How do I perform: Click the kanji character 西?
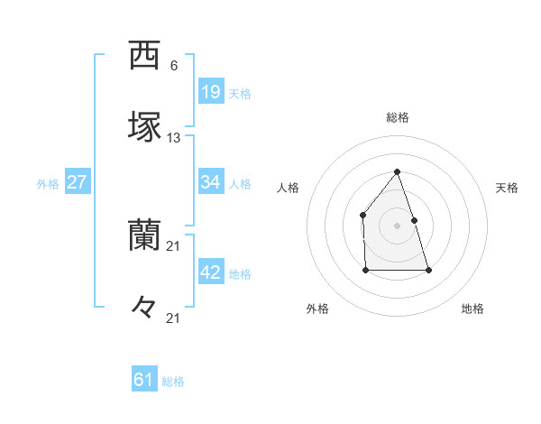(x=144, y=56)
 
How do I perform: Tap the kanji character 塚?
(x=144, y=127)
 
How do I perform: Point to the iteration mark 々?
(x=144, y=308)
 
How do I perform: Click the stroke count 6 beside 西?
(x=173, y=66)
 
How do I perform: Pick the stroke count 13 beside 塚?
(x=174, y=138)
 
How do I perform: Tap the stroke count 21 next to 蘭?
(x=174, y=246)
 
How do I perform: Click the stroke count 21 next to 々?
(x=174, y=318)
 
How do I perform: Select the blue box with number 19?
(x=211, y=91)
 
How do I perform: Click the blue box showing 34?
(x=211, y=182)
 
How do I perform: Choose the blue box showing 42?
(x=211, y=272)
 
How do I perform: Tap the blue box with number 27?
(x=77, y=182)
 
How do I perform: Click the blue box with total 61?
(x=144, y=380)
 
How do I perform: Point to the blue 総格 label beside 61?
(x=173, y=382)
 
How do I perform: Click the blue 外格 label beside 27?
(x=48, y=184)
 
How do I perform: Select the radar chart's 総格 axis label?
(x=397, y=117)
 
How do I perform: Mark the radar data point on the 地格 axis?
(x=428, y=270)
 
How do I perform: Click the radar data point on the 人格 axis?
(x=362, y=215)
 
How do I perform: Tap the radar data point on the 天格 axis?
(x=414, y=220)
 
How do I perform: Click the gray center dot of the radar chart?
(x=397, y=226)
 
